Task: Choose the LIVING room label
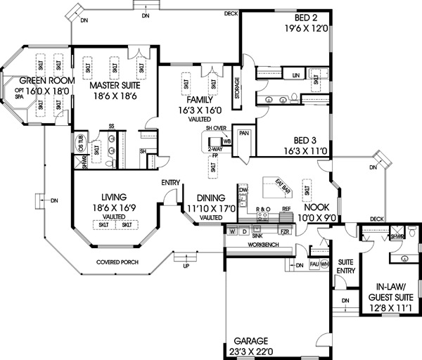114,199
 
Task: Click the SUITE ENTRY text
346,266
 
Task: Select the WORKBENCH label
243,244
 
